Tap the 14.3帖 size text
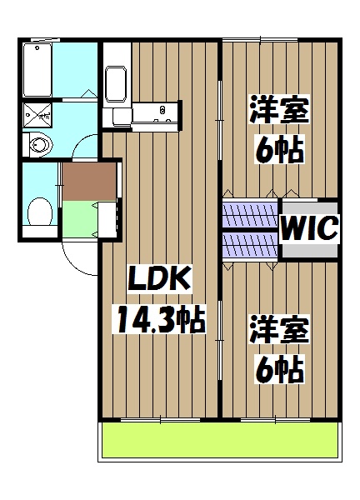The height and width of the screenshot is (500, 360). coord(158,319)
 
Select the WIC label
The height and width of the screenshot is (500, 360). coord(309,227)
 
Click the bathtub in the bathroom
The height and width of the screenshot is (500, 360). coord(39,70)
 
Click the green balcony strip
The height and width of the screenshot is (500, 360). coord(220,441)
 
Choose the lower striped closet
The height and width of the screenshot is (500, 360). coord(249,244)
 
